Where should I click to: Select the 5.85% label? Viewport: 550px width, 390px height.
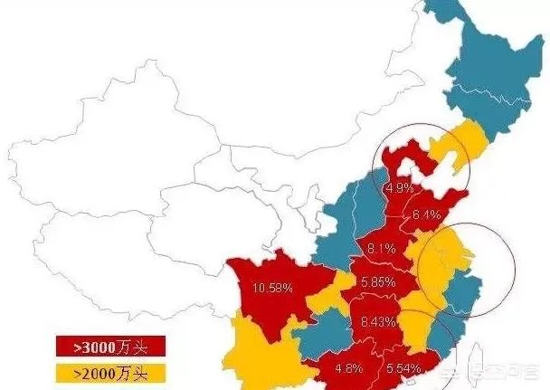pos(377,282)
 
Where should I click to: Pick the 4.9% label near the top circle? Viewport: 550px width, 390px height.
pos(399,188)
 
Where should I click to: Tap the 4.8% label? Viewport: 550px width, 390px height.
pos(349,368)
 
